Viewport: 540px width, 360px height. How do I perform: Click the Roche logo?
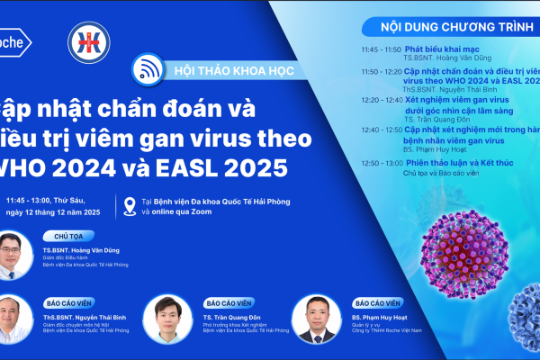point(13,41)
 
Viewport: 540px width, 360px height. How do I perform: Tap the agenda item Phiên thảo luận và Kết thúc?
point(460,163)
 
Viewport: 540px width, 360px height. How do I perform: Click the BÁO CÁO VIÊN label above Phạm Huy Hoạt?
point(377,303)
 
